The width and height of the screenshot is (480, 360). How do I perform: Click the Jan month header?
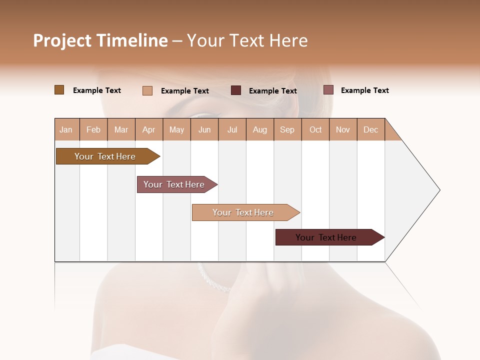[66, 129]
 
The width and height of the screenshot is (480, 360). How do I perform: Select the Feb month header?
[93, 129]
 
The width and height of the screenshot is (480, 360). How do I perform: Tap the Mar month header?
[121, 129]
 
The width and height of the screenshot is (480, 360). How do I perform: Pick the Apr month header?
[149, 129]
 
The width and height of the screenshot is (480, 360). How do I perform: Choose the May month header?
[176, 129]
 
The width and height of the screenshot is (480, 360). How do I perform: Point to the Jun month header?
[204, 129]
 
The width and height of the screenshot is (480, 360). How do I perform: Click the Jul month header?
[232, 129]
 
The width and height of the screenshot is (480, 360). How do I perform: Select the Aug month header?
[260, 129]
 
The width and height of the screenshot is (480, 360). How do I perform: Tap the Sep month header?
[287, 129]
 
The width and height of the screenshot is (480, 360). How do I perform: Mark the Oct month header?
[315, 129]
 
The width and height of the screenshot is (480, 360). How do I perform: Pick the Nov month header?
[343, 129]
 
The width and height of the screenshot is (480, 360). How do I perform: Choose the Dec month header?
[371, 129]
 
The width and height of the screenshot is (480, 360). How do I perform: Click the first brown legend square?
[59, 90]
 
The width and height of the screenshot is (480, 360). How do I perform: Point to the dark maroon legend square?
[236, 90]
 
